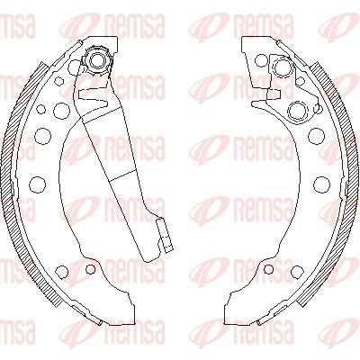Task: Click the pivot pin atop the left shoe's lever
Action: click(x=97, y=59)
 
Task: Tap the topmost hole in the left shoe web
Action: click(x=75, y=66)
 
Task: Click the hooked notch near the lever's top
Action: click(x=93, y=97)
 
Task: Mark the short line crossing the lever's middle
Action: click(x=122, y=175)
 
